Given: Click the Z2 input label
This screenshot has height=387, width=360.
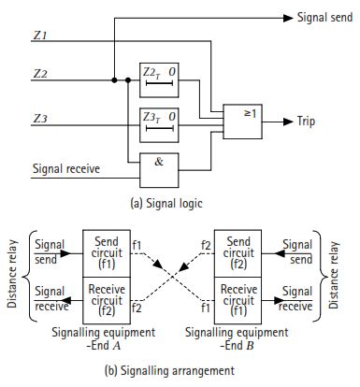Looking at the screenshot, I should [39, 73].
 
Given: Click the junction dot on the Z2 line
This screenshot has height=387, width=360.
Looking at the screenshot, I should [114, 80].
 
